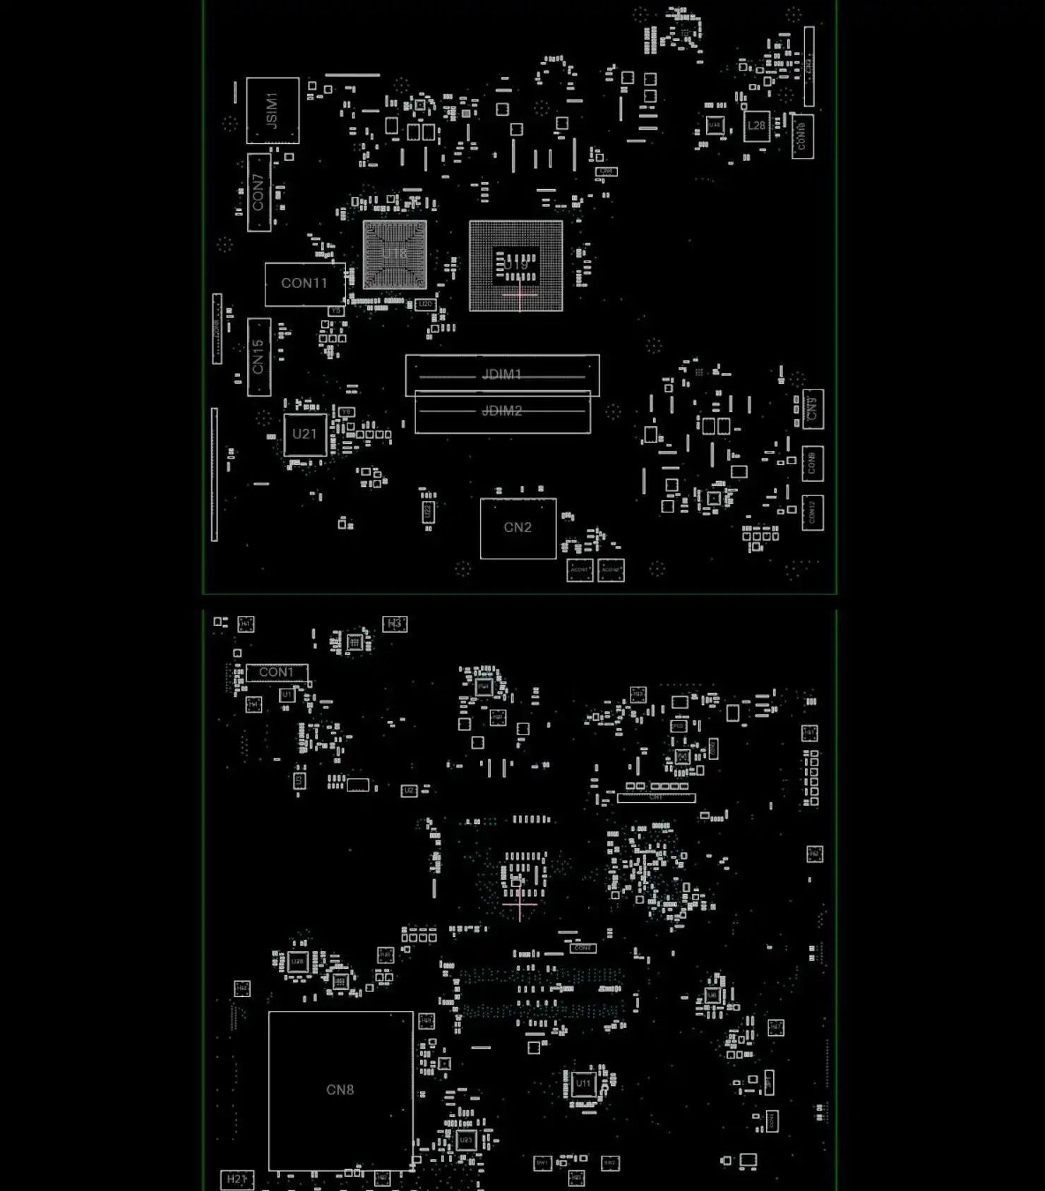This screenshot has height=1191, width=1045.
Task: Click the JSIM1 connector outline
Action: click(273, 111)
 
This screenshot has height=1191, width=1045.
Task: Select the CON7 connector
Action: click(258, 192)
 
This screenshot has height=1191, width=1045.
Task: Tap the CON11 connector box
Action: click(304, 284)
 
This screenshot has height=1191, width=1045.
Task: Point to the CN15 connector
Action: click(258, 356)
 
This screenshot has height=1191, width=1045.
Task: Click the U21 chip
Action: click(304, 434)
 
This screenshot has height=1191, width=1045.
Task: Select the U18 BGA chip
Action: click(395, 254)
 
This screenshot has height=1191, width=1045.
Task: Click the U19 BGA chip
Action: click(516, 265)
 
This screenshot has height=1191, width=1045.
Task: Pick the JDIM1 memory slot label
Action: click(502, 374)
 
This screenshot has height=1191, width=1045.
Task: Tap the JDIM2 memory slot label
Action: click(502, 411)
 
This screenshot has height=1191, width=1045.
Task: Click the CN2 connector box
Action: click(518, 528)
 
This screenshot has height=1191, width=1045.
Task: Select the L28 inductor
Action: click(756, 126)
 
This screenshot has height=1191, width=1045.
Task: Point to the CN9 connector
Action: click(813, 409)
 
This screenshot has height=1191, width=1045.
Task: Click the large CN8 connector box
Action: click(340, 1090)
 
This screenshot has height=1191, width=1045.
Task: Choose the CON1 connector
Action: click(276, 672)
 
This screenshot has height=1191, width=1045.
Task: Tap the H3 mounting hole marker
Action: click(395, 624)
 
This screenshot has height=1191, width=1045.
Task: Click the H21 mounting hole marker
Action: click(237, 1179)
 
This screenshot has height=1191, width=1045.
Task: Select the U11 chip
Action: click(583, 1084)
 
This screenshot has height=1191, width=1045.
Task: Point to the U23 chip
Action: click(466, 1140)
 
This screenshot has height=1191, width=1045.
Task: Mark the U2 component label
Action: click(409, 791)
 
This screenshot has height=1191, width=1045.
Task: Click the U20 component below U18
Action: click(425, 304)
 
